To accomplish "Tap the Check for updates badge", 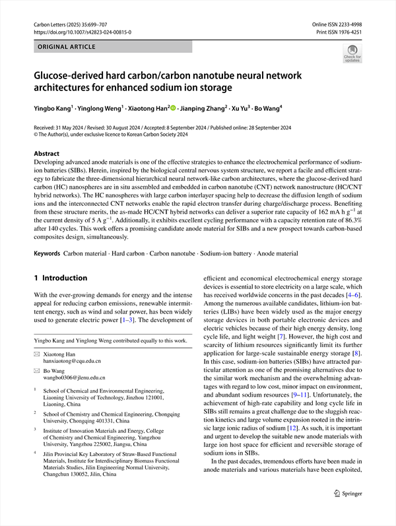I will (x=352, y=53).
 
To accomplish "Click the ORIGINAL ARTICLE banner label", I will (x=68, y=47).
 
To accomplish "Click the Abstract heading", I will (x=46, y=152).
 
